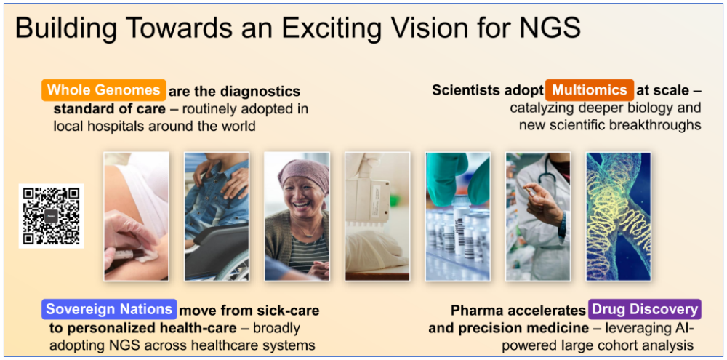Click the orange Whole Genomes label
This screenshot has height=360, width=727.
[x=103, y=90]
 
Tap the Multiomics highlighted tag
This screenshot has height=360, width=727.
[x=590, y=90]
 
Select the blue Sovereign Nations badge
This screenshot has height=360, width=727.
[x=110, y=309]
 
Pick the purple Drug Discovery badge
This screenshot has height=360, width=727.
[x=644, y=309]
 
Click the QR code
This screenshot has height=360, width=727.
[x=51, y=216]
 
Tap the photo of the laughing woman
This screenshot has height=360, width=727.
[x=297, y=216]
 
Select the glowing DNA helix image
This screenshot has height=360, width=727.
[x=619, y=216]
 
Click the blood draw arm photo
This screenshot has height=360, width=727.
[x=137, y=216]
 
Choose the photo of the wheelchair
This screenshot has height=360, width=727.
[x=217, y=216]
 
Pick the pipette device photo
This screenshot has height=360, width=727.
[x=377, y=216]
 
